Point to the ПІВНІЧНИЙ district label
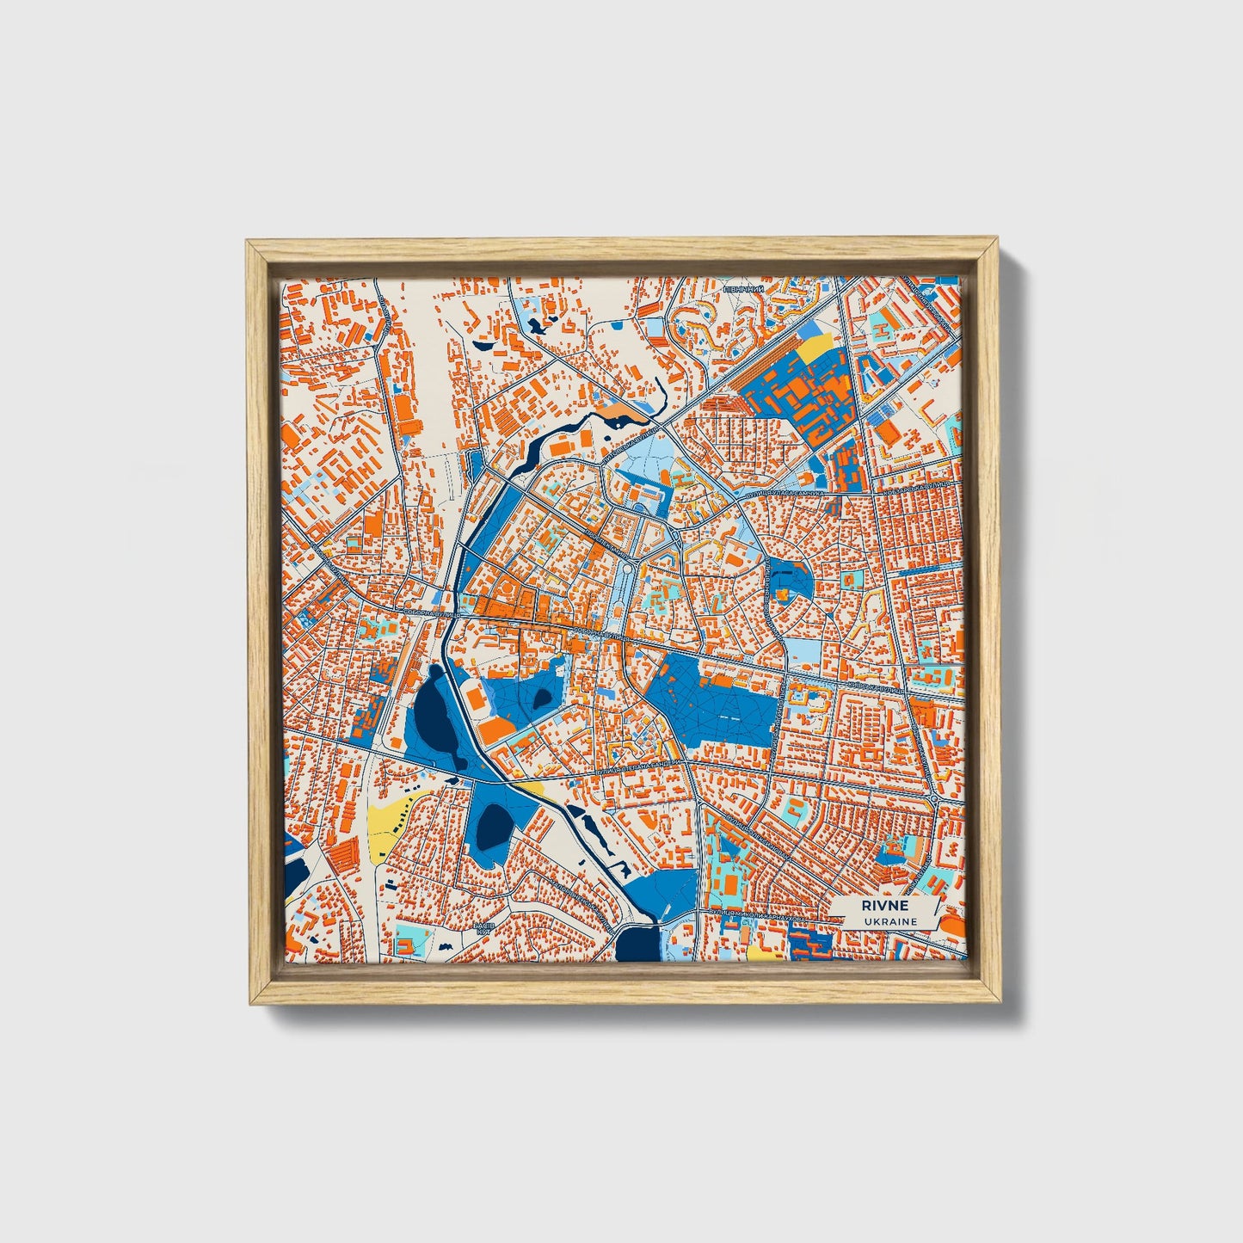coord(744,290)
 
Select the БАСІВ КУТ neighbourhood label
coord(483,928)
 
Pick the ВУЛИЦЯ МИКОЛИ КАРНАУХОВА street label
coord(757,917)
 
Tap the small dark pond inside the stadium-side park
coord(543,698)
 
